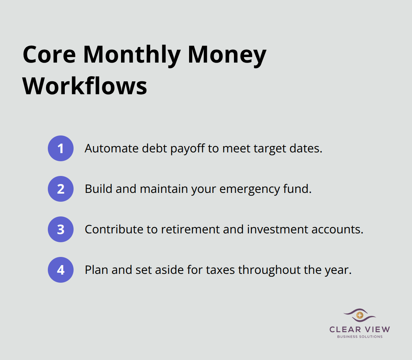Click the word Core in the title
coord(49,54)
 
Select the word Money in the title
coord(227,54)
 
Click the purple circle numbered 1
coord(61,148)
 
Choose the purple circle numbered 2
coord(61,189)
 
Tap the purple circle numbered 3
coord(61,229)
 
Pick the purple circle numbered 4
coord(61,270)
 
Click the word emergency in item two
coord(251,189)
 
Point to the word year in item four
coord(338,270)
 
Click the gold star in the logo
coord(360,315)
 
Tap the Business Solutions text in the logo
coord(360,336)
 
